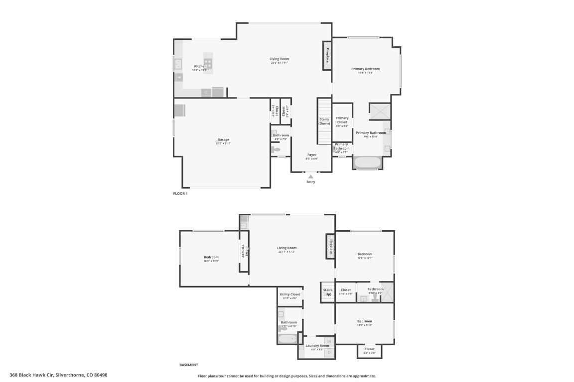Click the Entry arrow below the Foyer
coord(310,176)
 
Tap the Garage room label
coord(223,140)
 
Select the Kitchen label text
coord(200,66)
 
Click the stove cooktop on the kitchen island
coord(208,63)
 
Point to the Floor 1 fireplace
coord(327,55)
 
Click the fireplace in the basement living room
coord(330,246)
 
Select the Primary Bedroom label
coord(365,69)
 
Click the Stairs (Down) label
coord(324,121)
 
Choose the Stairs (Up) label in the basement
coord(327,292)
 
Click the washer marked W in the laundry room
coord(329,342)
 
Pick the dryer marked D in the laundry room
coord(329,352)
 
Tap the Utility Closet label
coord(289,294)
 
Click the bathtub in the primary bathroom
coord(367,162)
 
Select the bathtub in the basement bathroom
coord(287,339)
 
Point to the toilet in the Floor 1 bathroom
coord(276,149)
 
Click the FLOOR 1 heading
coord(180,193)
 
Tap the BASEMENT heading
coord(188,365)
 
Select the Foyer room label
coord(311,155)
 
